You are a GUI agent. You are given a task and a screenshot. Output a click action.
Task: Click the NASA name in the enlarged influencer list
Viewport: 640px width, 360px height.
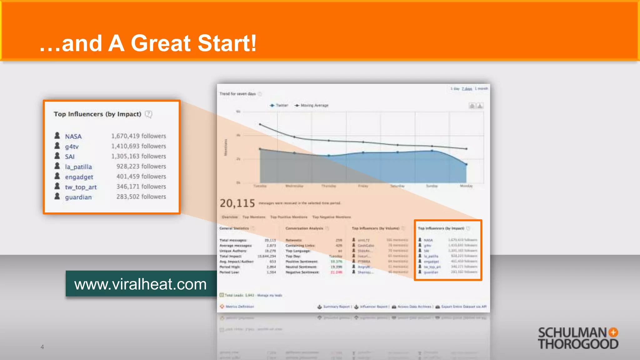point(73,137)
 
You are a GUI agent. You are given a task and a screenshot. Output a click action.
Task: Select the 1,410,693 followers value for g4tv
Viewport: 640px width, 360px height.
point(138,146)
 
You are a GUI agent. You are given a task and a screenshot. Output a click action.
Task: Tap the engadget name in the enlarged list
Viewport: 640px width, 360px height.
point(79,177)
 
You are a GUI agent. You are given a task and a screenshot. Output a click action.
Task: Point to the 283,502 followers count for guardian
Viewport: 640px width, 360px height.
point(141,197)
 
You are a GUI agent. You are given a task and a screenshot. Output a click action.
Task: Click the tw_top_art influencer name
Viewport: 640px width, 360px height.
point(81,187)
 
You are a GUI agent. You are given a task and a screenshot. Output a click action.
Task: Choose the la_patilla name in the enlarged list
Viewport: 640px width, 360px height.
point(78,167)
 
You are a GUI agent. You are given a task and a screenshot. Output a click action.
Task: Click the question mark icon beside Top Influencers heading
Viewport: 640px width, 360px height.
point(149,114)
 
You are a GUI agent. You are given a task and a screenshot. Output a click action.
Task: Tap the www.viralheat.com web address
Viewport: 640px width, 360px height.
point(140,284)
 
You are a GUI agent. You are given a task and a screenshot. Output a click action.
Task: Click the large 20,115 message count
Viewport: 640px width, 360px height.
point(237,203)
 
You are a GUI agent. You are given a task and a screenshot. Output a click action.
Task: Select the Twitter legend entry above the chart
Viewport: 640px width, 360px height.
point(279,106)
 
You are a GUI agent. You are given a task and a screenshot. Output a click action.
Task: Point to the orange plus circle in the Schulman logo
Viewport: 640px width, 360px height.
point(613,332)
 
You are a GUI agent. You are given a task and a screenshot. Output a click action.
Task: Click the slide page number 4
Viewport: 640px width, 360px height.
point(42,347)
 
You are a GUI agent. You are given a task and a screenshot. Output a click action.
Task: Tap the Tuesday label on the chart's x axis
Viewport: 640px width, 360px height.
point(260,186)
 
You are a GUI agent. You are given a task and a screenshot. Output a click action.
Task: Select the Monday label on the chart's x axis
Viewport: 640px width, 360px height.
point(466,186)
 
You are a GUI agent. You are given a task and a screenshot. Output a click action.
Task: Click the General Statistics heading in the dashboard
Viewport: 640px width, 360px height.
point(234,228)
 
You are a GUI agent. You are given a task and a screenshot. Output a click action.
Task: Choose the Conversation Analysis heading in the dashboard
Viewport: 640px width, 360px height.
point(304,228)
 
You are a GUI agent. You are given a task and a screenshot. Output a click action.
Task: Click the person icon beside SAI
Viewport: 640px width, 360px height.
point(57,156)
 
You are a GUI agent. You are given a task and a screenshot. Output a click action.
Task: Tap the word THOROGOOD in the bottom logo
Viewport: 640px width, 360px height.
point(578,344)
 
